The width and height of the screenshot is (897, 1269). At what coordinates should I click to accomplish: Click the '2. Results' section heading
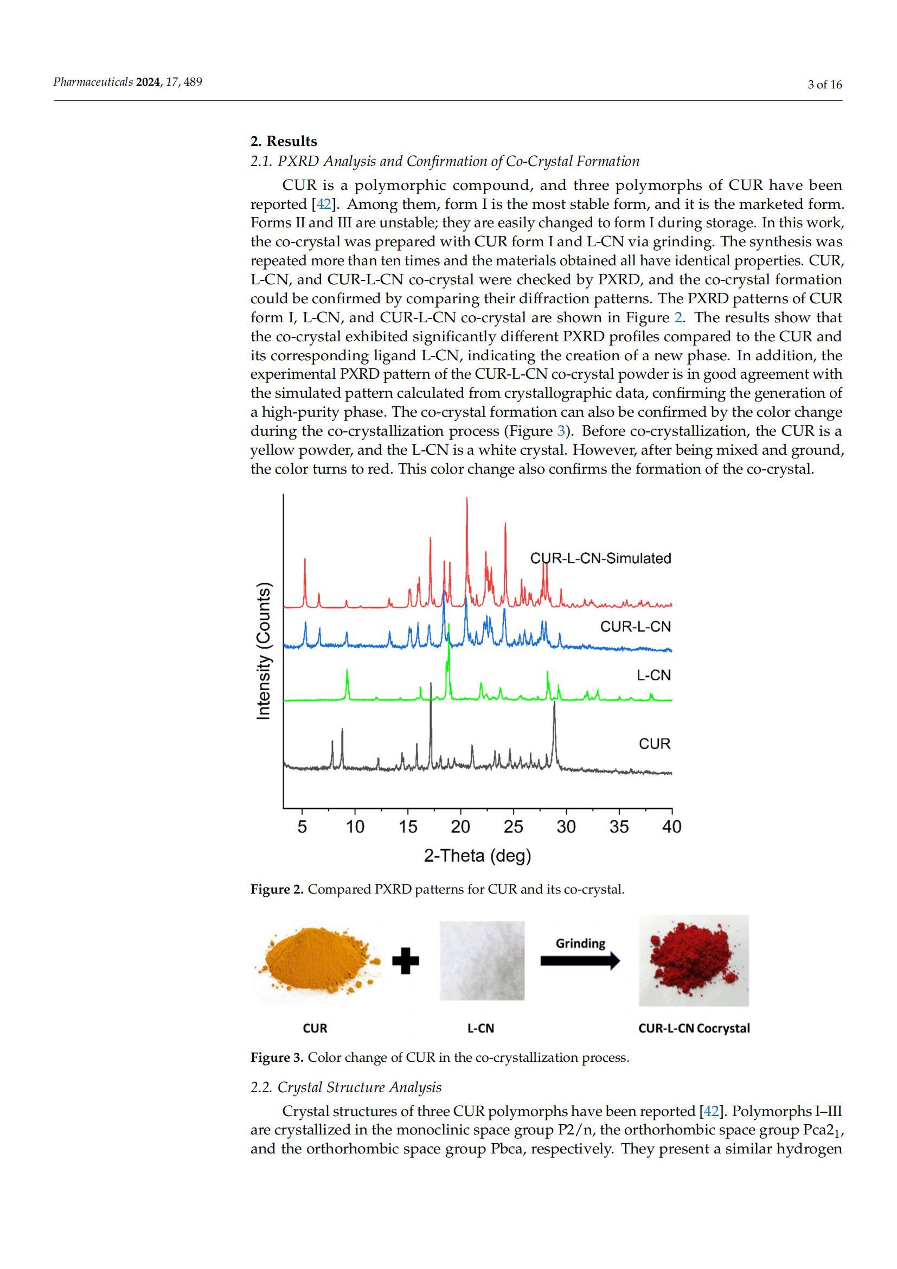[x=283, y=141]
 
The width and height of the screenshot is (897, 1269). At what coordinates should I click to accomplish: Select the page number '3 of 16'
[x=825, y=85]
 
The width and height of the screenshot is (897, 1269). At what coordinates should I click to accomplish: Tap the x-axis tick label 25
[x=513, y=827]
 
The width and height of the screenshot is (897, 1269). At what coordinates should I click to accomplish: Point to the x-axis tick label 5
[x=302, y=827]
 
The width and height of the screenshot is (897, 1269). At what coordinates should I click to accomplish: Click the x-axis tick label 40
[x=671, y=827]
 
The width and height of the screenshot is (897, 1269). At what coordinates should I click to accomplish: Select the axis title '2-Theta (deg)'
[x=477, y=856]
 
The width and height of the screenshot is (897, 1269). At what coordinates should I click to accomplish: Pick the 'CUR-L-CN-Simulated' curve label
[x=600, y=558]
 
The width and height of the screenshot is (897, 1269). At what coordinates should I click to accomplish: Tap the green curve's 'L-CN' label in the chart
[x=654, y=675]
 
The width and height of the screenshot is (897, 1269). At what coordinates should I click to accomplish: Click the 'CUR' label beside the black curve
[x=655, y=744]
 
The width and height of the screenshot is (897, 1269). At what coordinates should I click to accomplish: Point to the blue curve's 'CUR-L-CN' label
[x=635, y=626]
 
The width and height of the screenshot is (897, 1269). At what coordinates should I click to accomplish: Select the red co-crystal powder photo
[x=693, y=960]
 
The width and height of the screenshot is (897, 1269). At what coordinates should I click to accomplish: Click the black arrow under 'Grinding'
[x=579, y=962]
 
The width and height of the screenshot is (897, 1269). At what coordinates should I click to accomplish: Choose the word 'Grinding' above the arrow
[x=580, y=943]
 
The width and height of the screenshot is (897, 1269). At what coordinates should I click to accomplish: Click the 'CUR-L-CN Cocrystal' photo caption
[x=694, y=1028]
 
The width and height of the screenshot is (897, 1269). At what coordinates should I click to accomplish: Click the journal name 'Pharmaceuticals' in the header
[x=93, y=82]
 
